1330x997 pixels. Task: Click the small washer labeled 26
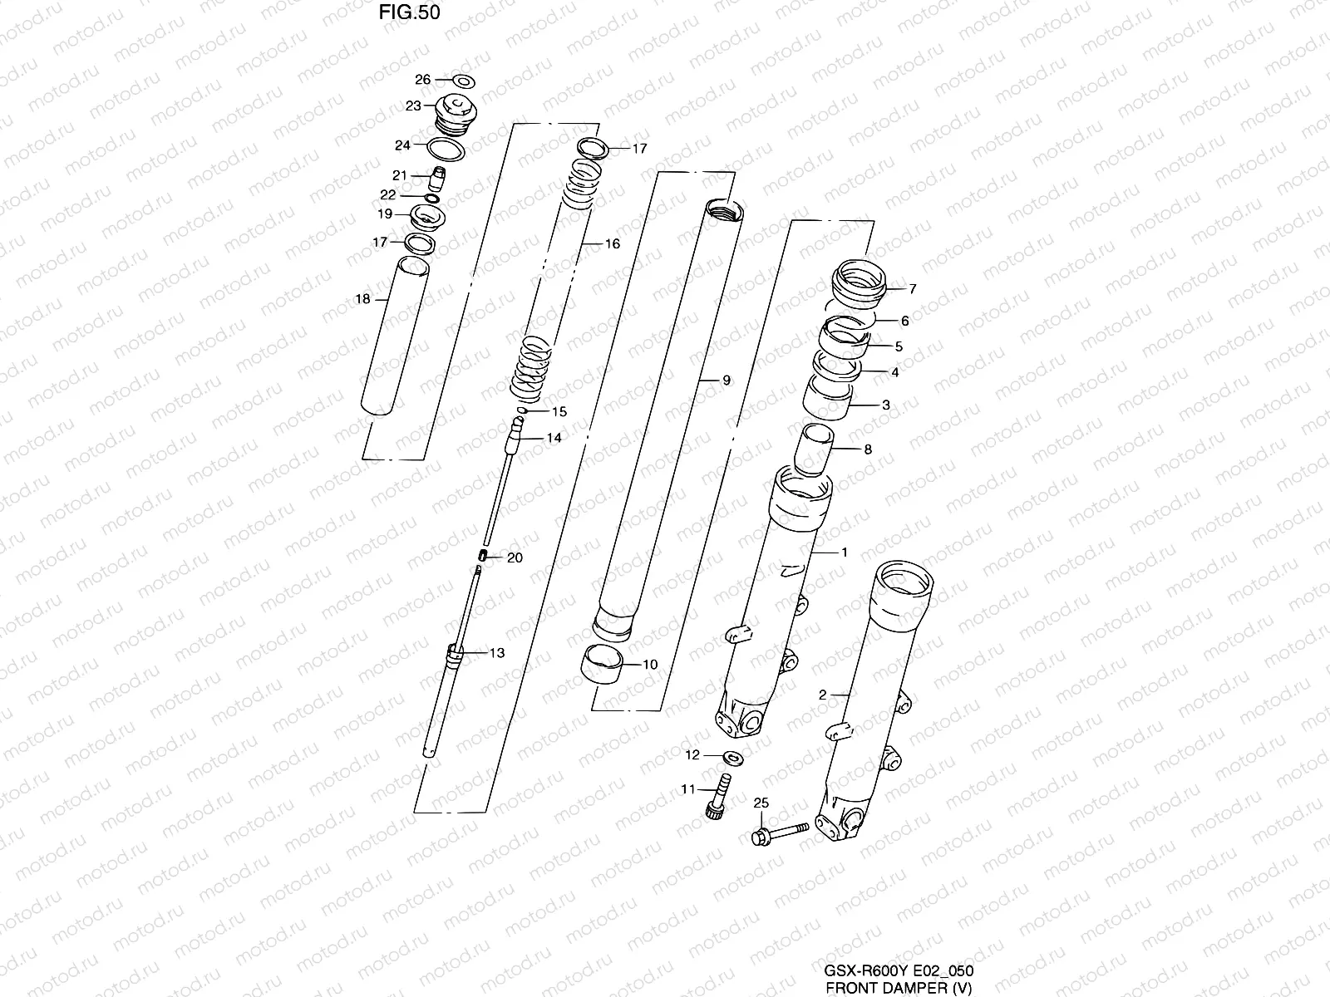click(x=462, y=81)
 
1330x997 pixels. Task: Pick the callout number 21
click(x=400, y=175)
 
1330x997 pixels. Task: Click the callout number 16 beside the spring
click(x=613, y=244)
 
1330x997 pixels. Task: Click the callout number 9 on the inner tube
click(x=726, y=381)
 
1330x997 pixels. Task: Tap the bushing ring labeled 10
click(x=601, y=665)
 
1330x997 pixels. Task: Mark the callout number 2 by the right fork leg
click(x=822, y=695)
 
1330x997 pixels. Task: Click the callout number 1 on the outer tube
click(x=844, y=552)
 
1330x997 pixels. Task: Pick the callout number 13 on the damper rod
click(x=496, y=653)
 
